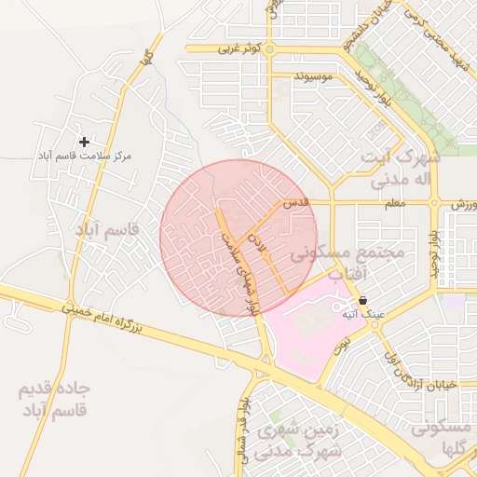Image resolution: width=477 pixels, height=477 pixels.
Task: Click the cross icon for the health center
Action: point(85,142)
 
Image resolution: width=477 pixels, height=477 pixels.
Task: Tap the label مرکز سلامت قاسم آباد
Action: point(85,157)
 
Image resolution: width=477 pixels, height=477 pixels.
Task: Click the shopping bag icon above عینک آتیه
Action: point(362,301)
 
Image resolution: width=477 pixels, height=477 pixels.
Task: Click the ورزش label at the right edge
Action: point(464,202)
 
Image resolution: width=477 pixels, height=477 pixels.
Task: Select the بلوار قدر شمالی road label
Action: point(244,424)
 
